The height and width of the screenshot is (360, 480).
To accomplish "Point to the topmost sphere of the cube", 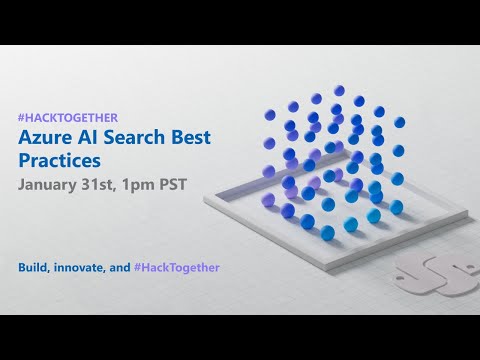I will coord(340,91).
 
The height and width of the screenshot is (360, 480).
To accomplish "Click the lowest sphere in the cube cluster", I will coord(327,233).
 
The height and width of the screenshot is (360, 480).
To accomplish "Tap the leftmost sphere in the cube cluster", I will coord(269,171).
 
